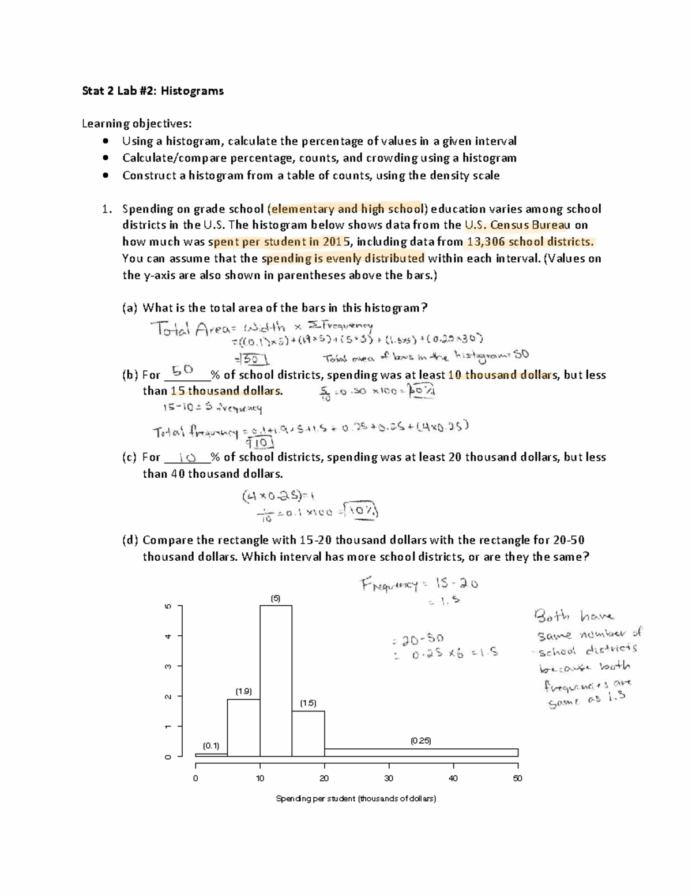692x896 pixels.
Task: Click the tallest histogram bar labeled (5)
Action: click(276, 681)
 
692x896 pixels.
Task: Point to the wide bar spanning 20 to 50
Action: click(421, 752)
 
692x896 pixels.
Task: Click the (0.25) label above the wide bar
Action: click(420, 740)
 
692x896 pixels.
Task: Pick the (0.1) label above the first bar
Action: click(211, 745)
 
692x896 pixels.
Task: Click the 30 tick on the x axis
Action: click(389, 778)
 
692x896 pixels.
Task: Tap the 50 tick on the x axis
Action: click(517, 778)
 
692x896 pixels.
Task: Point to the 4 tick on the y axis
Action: click(168, 636)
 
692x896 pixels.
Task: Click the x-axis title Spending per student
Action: click(356, 799)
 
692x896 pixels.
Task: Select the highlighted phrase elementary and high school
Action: click(347, 209)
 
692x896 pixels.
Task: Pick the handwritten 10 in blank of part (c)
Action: click(187, 458)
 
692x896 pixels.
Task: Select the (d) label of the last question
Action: click(130, 541)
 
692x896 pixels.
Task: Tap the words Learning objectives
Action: click(136, 123)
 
